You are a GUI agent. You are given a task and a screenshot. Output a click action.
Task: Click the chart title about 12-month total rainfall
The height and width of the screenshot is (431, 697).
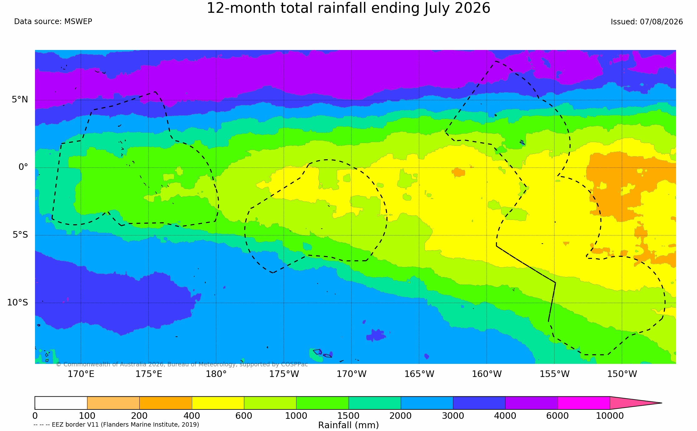pyautogui.click(x=348, y=8)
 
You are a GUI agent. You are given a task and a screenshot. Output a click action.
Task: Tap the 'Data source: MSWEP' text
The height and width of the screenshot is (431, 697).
pyautogui.click(x=53, y=22)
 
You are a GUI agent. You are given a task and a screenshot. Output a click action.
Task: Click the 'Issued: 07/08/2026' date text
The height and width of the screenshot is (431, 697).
pyautogui.click(x=647, y=22)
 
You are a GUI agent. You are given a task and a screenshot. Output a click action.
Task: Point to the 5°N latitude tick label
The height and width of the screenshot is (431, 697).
pyautogui.click(x=20, y=100)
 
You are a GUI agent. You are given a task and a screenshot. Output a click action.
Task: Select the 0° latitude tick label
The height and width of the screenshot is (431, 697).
pyautogui.click(x=23, y=167)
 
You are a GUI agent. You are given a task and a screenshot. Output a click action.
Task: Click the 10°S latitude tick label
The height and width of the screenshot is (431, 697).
pyautogui.click(x=17, y=302)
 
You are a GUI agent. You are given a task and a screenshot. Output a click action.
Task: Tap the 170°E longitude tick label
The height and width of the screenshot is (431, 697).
pyautogui.click(x=81, y=374)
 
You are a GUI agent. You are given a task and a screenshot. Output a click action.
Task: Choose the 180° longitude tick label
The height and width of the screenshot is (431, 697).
pyautogui.click(x=216, y=374)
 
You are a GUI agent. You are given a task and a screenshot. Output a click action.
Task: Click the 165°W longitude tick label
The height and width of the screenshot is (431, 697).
pyautogui.click(x=419, y=374)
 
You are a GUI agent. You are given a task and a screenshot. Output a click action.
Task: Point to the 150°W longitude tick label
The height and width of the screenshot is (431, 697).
pyautogui.click(x=622, y=374)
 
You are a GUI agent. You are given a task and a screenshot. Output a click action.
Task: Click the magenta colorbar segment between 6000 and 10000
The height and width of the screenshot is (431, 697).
pyautogui.click(x=584, y=403)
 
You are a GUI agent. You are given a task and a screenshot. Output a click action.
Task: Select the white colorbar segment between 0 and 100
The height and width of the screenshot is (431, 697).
pyautogui.click(x=61, y=403)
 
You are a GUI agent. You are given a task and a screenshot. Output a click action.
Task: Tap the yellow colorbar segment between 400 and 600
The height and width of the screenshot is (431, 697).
pyautogui.click(x=218, y=403)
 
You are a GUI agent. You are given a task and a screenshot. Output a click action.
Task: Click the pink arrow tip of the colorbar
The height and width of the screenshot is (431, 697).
pyautogui.click(x=661, y=403)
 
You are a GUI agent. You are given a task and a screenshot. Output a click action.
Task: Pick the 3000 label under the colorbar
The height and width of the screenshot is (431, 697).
pyautogui.click(x=453, y=416)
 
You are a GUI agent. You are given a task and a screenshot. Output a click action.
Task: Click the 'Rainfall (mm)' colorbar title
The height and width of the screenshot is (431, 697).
pyautogui.click(x=348, y=425)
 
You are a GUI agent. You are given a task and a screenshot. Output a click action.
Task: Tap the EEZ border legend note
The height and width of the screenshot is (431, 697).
pyautogui.click(x=116, y=425)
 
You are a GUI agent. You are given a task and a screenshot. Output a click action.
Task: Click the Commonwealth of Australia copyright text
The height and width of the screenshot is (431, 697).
pyautogui.click(x=182, y=364)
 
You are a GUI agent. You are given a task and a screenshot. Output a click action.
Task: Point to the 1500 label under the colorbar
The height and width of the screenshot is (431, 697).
pyautogui.click(x=348, y=416)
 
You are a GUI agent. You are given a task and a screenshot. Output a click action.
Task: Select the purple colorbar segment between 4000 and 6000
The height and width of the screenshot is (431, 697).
pyautogui.click(x=531, y=403)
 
